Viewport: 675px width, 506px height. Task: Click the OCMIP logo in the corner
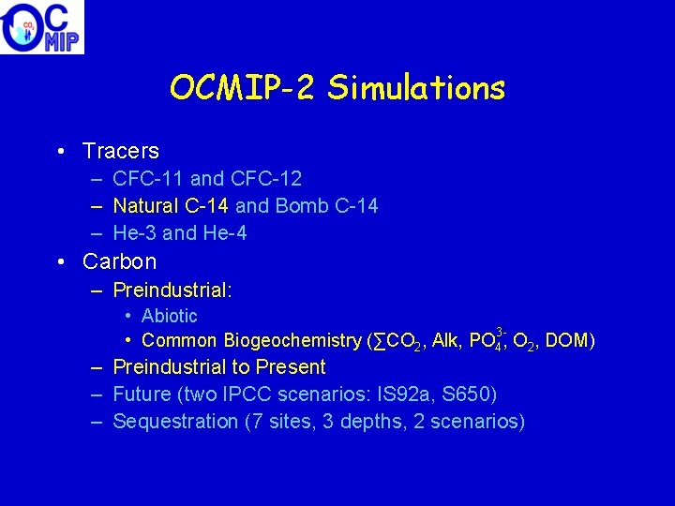(x=42, y=27)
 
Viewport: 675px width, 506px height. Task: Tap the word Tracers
(x=121, y=151)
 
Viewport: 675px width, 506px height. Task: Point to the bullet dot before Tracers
(x=59, y=151)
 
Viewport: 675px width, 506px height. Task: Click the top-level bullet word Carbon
(x=120, y=261)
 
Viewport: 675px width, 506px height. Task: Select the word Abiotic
(x=170, y=317)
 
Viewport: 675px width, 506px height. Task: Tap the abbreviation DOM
(x=565, y=340)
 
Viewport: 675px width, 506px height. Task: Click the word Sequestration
(x=175, y=422)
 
